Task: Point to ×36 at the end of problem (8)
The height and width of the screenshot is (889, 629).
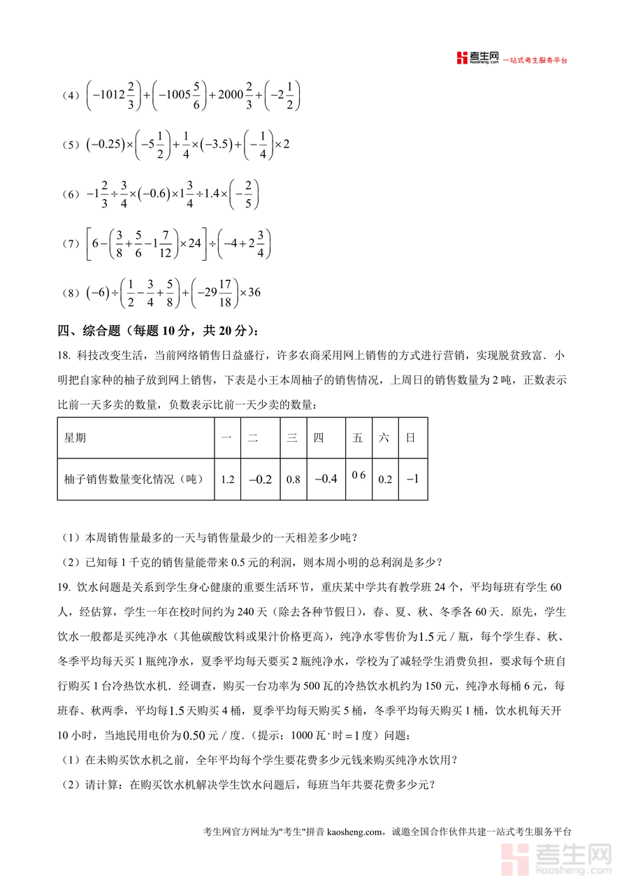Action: pyautogui.click(x=250, y=292)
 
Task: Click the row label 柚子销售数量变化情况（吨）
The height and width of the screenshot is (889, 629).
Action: pyautogui.click(x=133, y=479)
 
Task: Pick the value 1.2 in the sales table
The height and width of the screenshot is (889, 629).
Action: pyautogui.click(x=227, y=479)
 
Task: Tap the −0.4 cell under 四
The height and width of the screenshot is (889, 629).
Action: pyautogui.click(x=326, y=479)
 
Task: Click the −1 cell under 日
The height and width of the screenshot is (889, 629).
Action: pyautogui.click(x=412, y=479)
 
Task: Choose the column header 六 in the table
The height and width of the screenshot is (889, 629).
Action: pyautogui.click(x=384, y=438)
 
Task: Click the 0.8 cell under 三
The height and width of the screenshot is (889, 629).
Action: pyautogui.click(x=293, y=479)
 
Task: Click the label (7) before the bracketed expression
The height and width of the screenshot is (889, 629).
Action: pyautogui.click(x=71, y=244)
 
